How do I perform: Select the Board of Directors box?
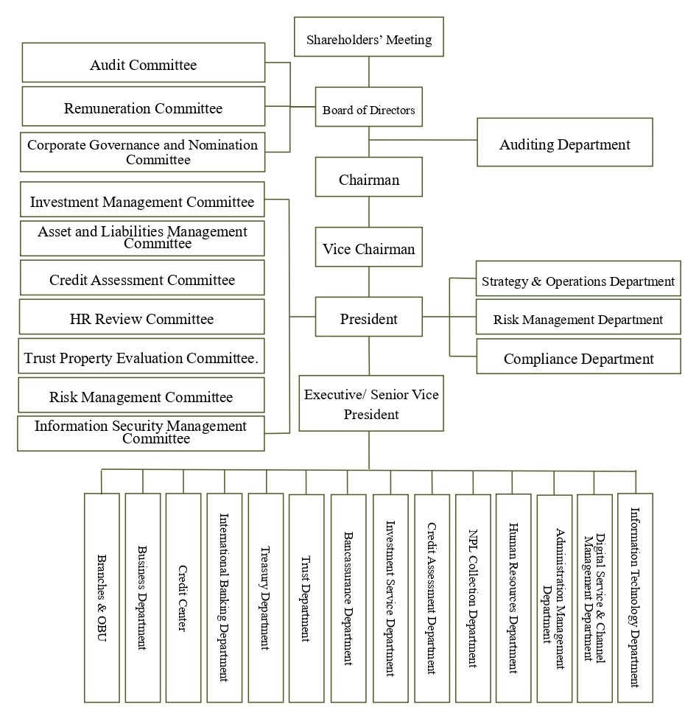pyautogui.click(x=368, y=110)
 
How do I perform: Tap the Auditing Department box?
pyautogui.click(x=565, y=143)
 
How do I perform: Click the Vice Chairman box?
pyautogui.click(x=369, y=249)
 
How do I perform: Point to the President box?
pyautogui.click(x=369, y=318)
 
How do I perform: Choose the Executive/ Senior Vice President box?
pyautogui.click(x=371, y=404)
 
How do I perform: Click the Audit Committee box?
pyautogui.click(x=144, y=63)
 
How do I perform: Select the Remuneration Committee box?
pyautogui.click(x=144, y=108)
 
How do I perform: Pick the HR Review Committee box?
pyautogui.click(x=142, y=317)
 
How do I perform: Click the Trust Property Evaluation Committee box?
pyautogui.click(x=142, y=357)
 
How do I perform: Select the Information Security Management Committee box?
pyautogui.click(x=141, y=432)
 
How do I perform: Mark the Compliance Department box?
pyautogui.click(x=578, y=358)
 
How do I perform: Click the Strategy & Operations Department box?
pyautogui.click(x=578, y=280)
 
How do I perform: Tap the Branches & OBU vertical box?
pyautogui.click(x=102, y=597)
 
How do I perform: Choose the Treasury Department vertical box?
pyautogui.click(x=265, y=597)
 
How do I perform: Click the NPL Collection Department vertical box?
pyautogui.click(x=472, y=597)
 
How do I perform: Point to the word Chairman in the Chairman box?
pyautogui.click(x=369, y=179)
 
